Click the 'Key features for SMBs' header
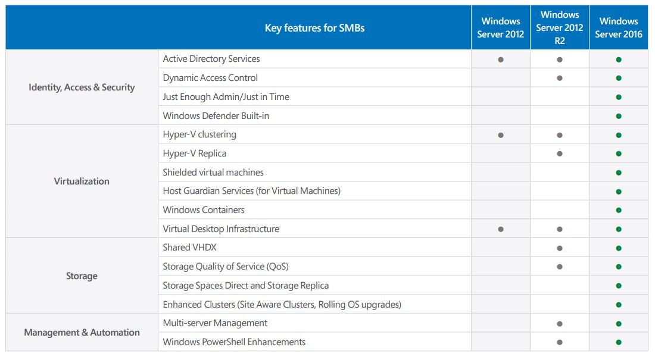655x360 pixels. tap(314, 28)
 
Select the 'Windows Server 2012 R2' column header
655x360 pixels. tap(559, 28)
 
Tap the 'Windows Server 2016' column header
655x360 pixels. tap(619, 28)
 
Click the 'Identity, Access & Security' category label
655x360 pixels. tap(82, 87)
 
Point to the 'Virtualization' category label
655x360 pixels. tap(82, 181)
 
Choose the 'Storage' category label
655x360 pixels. tap(82, 276)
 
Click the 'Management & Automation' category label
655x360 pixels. tap(82, 333)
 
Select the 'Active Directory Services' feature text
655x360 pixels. tap(211, 59)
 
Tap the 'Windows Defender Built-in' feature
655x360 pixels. tap(216, 115)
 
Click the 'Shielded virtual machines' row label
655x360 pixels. tap(213, 172)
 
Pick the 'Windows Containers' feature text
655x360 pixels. tap(204, 210)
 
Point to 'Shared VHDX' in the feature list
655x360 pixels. tap(189, 248)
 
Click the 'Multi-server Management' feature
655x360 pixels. tap(215, 323)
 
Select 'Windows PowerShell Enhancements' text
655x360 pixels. tap(234, 342)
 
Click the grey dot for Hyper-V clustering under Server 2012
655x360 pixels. tap(501, 135)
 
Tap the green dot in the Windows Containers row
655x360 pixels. tap(619, 211)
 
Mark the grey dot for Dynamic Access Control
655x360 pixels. tap(560, 78)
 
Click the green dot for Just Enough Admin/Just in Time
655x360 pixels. tap(619, 97)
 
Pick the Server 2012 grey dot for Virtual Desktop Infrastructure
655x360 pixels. tap(501, 229)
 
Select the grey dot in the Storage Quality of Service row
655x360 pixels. tap(560, 267)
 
